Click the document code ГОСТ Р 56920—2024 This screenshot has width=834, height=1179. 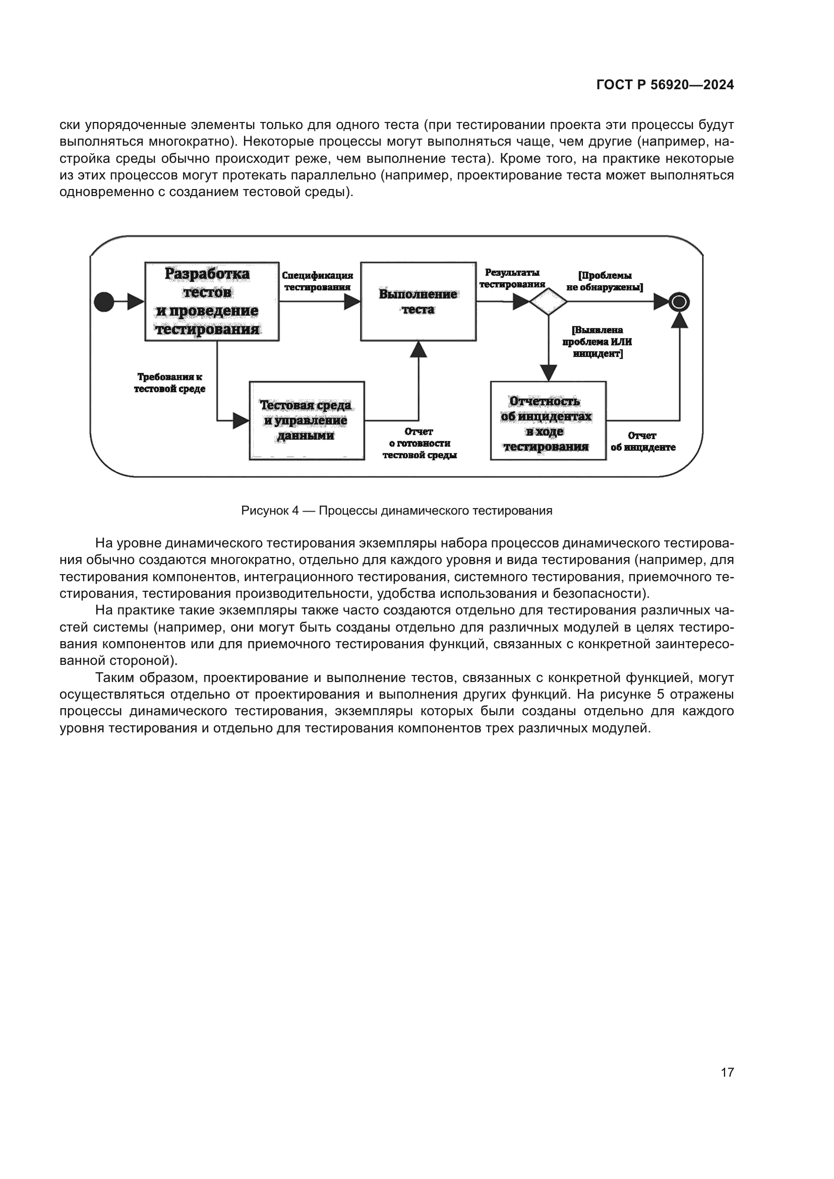pyautogui.click(x=665, y=85)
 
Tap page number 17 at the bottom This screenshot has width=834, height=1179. pyautogui.click(x=727, y=1072)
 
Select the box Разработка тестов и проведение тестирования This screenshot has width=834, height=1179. pyautogui.click(x=212, y=301)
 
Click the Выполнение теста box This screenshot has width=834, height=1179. pyautogui.click(x=418, y=301)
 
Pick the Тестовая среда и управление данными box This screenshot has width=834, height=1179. pyautogui.click(x=307, y=420)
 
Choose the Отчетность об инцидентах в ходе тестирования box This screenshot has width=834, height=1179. pyautogui.click(x=548, y=420)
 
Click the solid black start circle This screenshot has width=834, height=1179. pyautogui.click(x=104, y=302)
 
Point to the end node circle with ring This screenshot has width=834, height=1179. pyautogui.click(x=679, y=302)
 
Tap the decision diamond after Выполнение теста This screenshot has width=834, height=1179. pyautogui.click(x=549, y=302)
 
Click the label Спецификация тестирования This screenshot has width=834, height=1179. pyautogui.click(x=317, y=281)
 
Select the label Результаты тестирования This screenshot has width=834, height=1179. pyautogui.click(x=512, y=278)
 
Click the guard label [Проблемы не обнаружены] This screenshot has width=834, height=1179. pyautogui.click(x=605, y=281)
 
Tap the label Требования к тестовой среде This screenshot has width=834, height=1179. pyautogui.click(x=169, y=383)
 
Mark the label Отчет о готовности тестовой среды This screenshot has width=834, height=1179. pyautogui.click(x=419, y=443)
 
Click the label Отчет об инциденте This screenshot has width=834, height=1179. pyautogui.click(x=642, y=442)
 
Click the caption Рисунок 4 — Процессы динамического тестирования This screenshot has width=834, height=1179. pyautogui.click(x=396, y=511)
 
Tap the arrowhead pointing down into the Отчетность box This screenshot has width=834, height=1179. pyautogui.click(x=549, y=374)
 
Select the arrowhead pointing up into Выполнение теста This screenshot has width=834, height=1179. pyautogui.click(x=419, y=349)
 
